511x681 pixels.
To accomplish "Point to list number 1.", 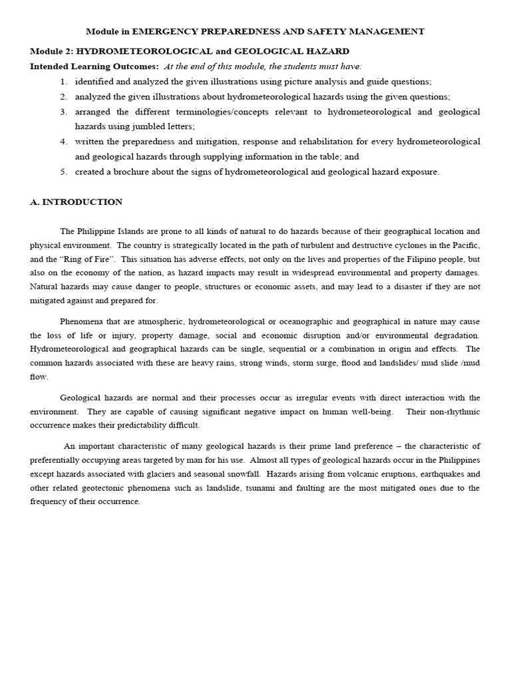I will (63, 81).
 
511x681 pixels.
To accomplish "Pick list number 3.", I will (63, 112).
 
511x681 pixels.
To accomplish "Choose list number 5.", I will (63, 172).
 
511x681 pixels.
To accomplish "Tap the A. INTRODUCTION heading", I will (77, 202).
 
